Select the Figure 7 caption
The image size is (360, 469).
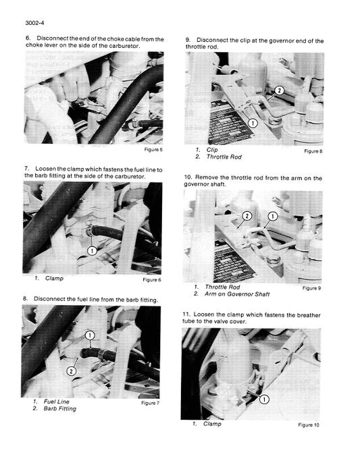(150, 403)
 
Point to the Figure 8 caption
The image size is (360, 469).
(313, 151)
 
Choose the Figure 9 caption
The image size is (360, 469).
(311, 288)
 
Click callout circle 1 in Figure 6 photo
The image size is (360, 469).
(93, 251)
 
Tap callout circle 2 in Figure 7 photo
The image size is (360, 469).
(71, 370)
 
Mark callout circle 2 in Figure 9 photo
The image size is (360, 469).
(247, 215)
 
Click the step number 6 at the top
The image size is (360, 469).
(28, 39)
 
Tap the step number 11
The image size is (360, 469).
(187, 314)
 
